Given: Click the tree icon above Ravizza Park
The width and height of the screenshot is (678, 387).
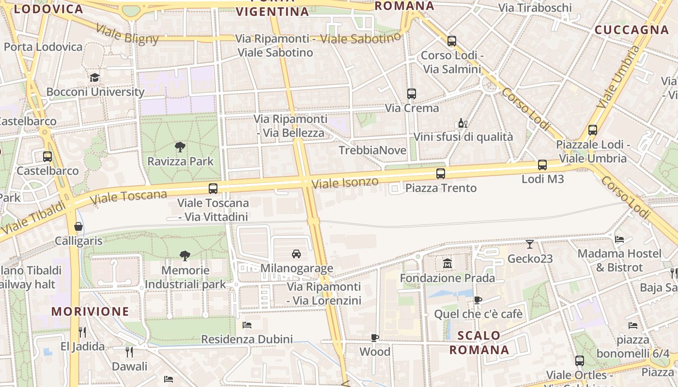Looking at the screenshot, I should tap(180, 147).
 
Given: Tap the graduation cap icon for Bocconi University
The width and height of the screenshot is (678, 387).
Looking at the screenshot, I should tap(94, 77).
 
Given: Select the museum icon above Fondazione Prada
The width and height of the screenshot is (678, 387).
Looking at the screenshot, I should tap(447, 264).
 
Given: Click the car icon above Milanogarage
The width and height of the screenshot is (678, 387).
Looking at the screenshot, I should tap(296, 253).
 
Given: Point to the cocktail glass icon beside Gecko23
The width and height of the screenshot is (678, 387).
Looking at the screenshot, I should tap(530, 244).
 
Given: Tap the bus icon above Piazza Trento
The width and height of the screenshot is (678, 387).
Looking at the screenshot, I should tap(440, 173).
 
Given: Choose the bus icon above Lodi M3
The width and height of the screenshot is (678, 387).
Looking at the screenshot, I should tap(542, 165).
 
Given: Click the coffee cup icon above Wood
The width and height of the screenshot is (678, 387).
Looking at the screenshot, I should tap(374, 338).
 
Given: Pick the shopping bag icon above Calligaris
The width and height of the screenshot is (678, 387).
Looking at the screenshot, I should tap(78, 226).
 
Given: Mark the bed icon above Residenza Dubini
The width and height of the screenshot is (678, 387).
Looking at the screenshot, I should tap(247, 325).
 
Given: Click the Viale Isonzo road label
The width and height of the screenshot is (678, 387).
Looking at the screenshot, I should tap(345, 183).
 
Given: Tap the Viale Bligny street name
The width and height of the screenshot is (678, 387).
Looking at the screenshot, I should tap(127, 33).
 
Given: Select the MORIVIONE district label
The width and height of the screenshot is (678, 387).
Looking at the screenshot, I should tap(91, 312).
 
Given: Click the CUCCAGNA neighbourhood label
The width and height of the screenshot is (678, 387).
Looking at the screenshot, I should tap(632, 30).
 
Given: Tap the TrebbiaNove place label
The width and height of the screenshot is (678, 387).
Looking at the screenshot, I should tap(372, 150).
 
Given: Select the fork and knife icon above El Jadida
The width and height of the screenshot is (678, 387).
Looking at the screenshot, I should tap(82, 332).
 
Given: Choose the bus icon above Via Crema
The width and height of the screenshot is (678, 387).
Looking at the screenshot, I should tap(411, 94).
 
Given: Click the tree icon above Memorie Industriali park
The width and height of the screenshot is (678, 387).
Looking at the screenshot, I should tap(185, 255).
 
